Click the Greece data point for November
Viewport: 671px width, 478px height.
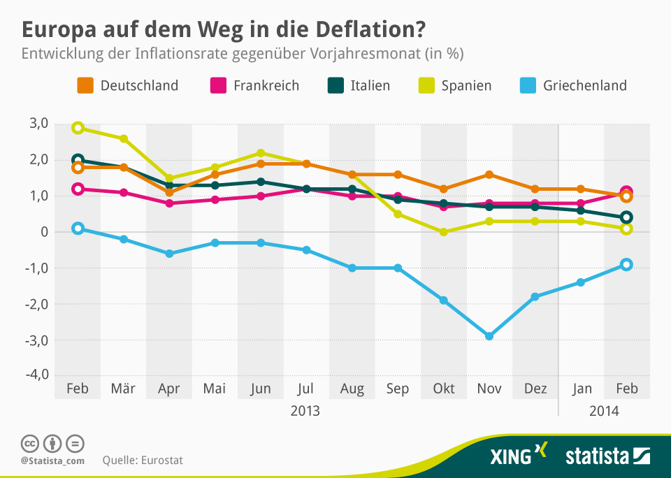489,336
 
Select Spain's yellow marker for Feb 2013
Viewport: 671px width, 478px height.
78,128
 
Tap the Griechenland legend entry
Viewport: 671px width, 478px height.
584,86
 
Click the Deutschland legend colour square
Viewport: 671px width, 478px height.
85,86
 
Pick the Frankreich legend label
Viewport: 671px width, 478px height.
266,86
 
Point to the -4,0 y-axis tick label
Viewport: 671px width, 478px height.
34,375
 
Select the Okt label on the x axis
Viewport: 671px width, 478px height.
444,389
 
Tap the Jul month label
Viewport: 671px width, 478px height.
306,389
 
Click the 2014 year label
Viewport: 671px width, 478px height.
605,410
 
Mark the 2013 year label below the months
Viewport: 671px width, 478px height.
305,410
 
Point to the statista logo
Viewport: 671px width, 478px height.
607,457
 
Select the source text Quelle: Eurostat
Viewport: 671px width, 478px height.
143,461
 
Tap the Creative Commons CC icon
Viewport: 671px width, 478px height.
29,443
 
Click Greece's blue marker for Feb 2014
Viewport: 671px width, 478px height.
626,265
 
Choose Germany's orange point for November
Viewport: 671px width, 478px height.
489,175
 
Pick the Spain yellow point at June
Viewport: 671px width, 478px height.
261,153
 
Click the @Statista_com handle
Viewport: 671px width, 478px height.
52,461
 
